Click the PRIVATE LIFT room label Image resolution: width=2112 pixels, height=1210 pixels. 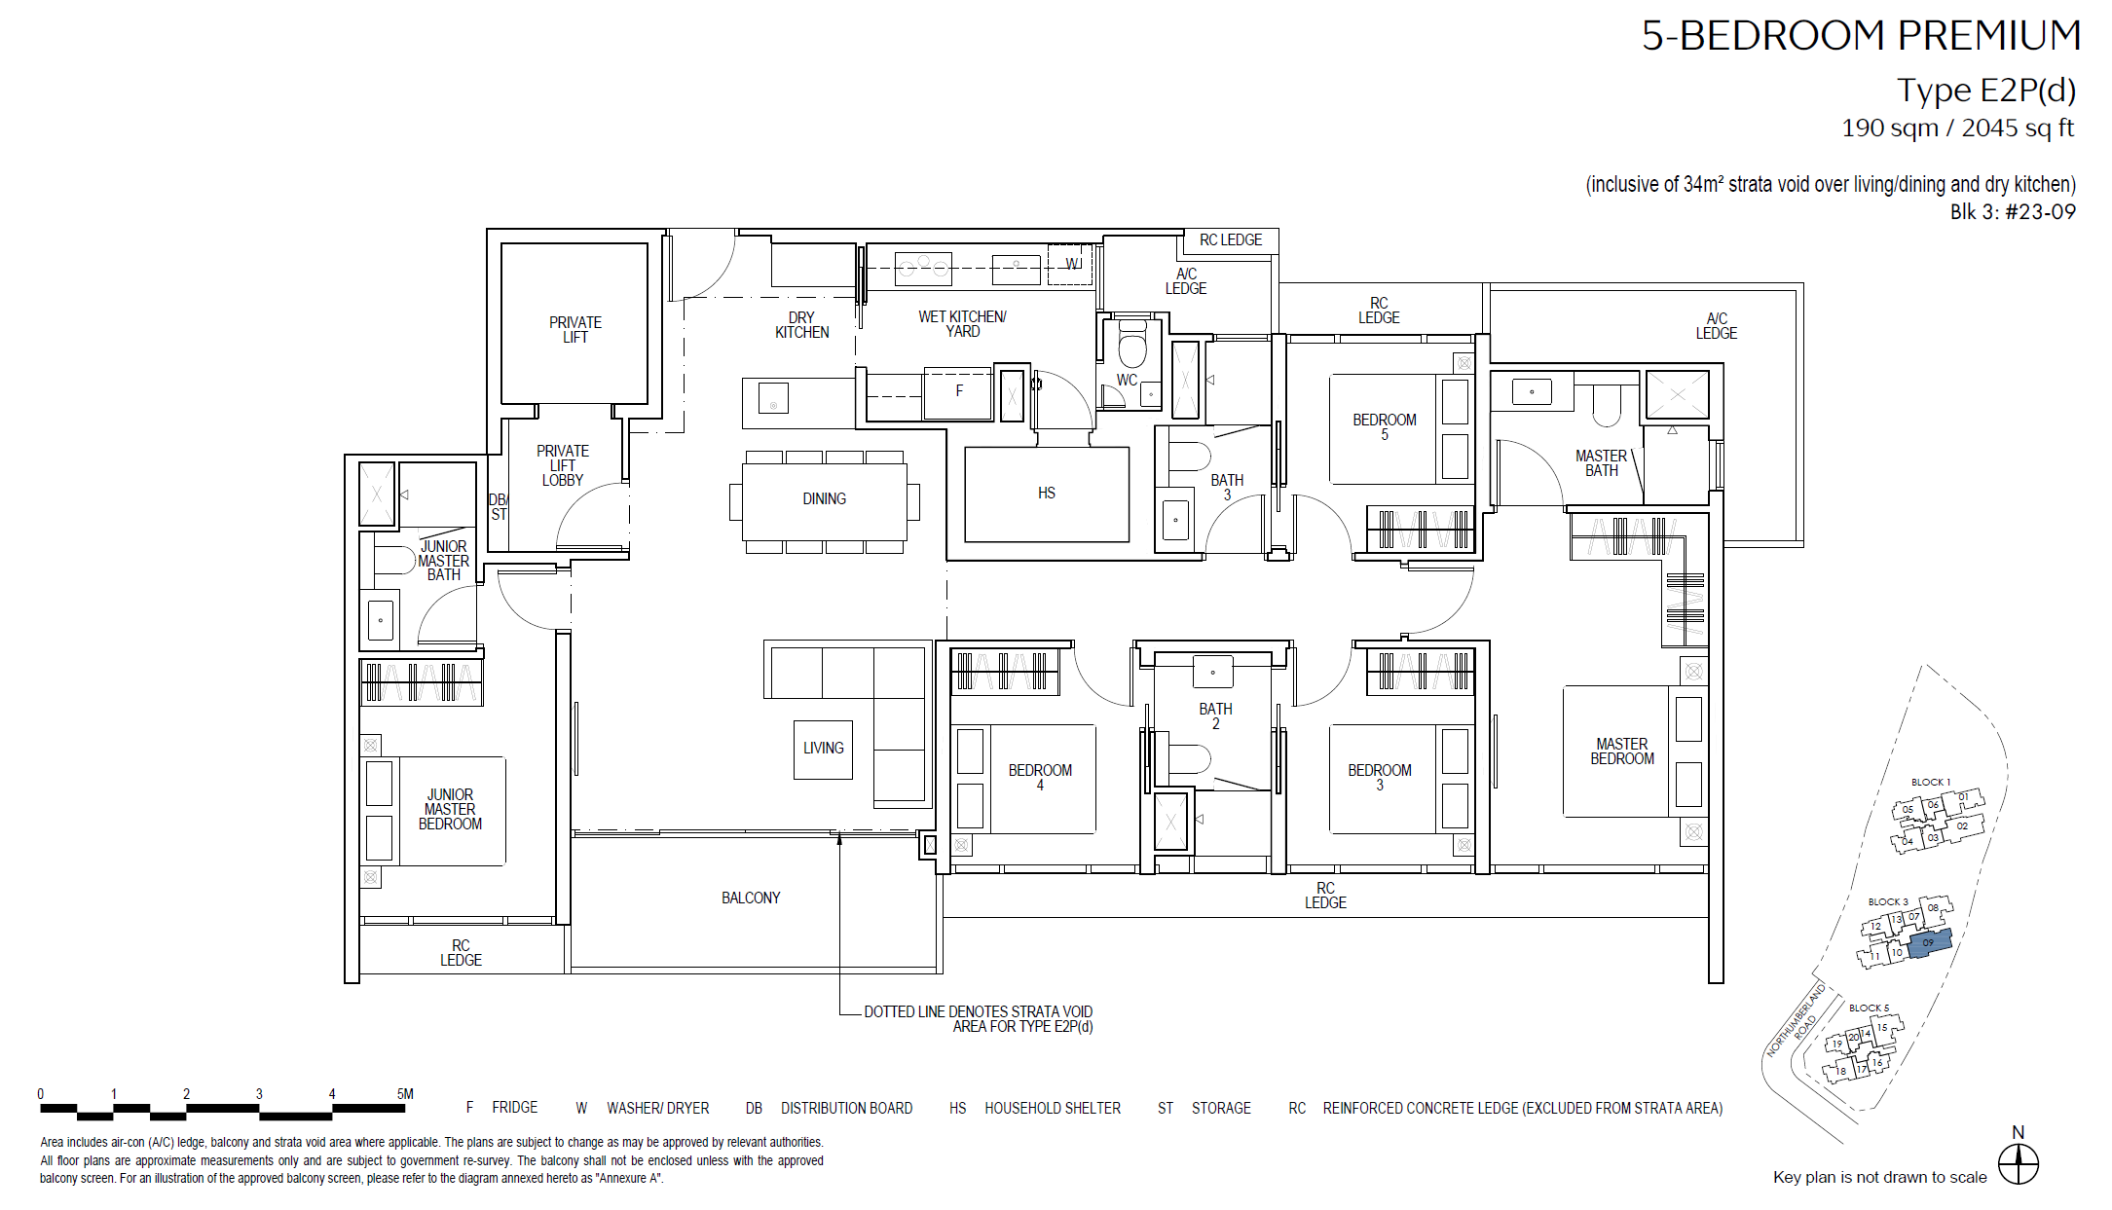575,330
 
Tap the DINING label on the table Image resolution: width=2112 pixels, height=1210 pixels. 824,498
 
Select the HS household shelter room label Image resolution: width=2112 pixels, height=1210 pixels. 1047,494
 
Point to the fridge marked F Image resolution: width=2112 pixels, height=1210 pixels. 958,392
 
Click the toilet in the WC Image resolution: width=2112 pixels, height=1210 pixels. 1132,344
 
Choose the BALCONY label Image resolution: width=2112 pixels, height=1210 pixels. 751,898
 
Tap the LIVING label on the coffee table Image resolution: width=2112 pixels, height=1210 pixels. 824,748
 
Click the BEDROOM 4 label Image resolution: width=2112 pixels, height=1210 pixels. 1040,777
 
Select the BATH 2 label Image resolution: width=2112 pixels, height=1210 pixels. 1215,716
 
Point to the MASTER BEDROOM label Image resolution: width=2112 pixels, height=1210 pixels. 1622,751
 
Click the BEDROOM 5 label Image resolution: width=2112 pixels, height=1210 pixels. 1384,426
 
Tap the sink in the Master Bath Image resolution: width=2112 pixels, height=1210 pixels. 1532,392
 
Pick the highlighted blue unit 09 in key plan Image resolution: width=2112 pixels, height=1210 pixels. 1929,942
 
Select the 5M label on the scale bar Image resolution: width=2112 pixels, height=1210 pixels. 405,1094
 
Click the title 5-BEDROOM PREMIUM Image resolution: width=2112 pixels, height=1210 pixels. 1861,36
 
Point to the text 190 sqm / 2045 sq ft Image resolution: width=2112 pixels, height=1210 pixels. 1957,128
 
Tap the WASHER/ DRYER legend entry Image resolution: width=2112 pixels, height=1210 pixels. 643,1108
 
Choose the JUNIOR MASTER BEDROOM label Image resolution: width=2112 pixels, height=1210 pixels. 450,809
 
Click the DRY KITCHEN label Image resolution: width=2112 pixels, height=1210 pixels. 801,325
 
